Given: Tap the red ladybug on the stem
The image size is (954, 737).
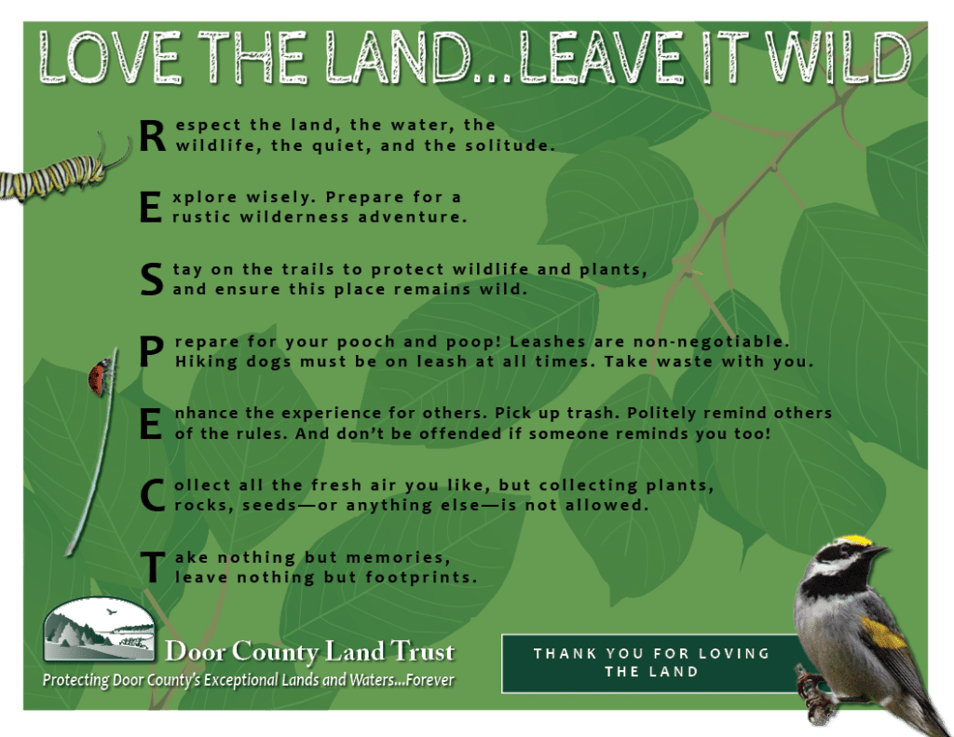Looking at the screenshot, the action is (100, 377).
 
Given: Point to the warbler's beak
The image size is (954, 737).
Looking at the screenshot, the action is (877, 551).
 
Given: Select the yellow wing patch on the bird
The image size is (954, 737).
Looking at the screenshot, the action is (881, 633).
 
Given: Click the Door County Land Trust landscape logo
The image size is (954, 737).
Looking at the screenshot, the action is (99, 629).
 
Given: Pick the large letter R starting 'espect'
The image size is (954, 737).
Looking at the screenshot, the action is (152, 136).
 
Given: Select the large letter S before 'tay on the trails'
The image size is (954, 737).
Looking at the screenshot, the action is (152, 280).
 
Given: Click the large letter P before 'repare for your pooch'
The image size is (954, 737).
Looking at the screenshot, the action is (152, 352).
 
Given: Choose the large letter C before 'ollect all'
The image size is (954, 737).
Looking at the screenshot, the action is (152, 496).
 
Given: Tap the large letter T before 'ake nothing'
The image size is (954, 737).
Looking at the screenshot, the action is (152, 567).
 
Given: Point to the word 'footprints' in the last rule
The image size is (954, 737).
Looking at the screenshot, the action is (422, 577).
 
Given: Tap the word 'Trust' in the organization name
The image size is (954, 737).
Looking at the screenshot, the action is (422, 651).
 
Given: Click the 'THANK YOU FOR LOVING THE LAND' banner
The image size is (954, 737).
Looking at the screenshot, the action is (651, 663).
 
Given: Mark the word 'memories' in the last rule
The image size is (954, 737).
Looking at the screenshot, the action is (398, 557).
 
